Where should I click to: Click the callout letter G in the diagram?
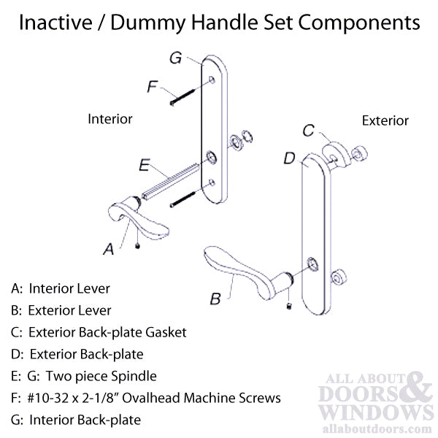click(176, 56)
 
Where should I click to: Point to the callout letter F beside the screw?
click(152, 88)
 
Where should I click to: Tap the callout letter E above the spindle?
click(145, 166)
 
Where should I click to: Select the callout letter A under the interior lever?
click(108, 249)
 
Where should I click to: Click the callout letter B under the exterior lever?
click(215, 298)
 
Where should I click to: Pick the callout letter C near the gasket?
click(308, 131)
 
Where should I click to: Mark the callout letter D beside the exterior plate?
click(288, 158)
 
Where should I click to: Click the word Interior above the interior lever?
click(109, 118)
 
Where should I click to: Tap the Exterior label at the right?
click(385, 120)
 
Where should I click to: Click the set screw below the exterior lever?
click(289, 304)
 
